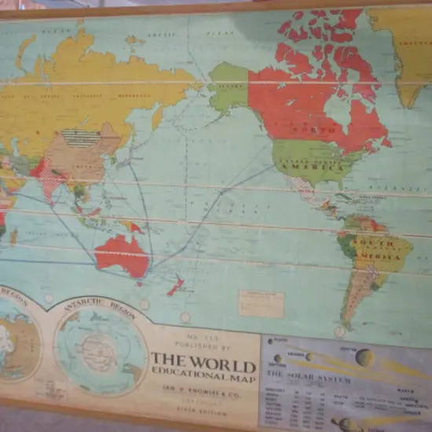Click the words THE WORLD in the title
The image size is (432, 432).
point(203,365)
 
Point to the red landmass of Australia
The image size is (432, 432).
point(123,254)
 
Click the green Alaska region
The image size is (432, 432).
point(229,86)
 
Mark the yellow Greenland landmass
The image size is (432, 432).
point(401,47)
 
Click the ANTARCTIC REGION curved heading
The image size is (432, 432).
point(98,308)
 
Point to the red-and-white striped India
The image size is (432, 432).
point(50,179)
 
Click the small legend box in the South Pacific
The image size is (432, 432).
point(261,304)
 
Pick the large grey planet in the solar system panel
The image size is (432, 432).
point(364,357)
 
